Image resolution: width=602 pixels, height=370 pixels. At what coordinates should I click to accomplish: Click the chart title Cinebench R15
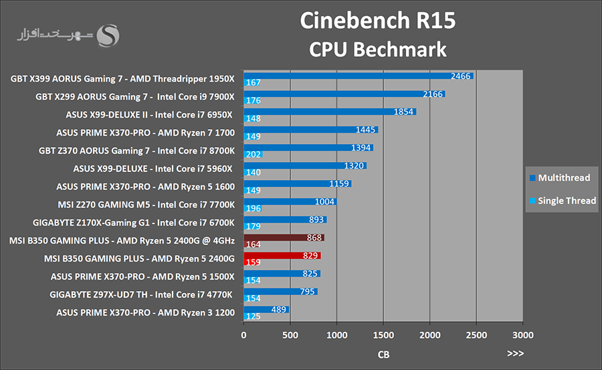(x=377, y=21)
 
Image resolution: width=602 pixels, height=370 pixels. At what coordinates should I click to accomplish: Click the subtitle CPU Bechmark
(x=377, y=50)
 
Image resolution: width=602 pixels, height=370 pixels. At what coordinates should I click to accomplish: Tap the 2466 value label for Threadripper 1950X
(x=461, y=76)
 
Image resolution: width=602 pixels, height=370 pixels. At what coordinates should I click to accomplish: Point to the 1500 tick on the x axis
(x=383, y=335)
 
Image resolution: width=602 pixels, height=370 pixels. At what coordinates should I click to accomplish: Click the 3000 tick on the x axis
(x=522, y=335)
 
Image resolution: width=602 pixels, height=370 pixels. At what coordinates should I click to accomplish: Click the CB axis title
(x=383, y=354)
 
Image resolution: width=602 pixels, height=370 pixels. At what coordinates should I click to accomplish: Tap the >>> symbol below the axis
(x=516, y=354)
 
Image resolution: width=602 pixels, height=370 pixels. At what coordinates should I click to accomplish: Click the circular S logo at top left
(x=108, y=37)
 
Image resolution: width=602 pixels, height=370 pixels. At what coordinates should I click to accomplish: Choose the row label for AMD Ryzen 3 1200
(x=145, y=312)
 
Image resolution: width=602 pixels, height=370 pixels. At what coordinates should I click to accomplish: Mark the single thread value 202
(x=254, y=155)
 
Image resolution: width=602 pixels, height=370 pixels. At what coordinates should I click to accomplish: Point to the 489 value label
(x=280, y=309)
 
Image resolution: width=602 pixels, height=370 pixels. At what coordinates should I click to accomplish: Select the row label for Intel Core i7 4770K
(x=141, y=294)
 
